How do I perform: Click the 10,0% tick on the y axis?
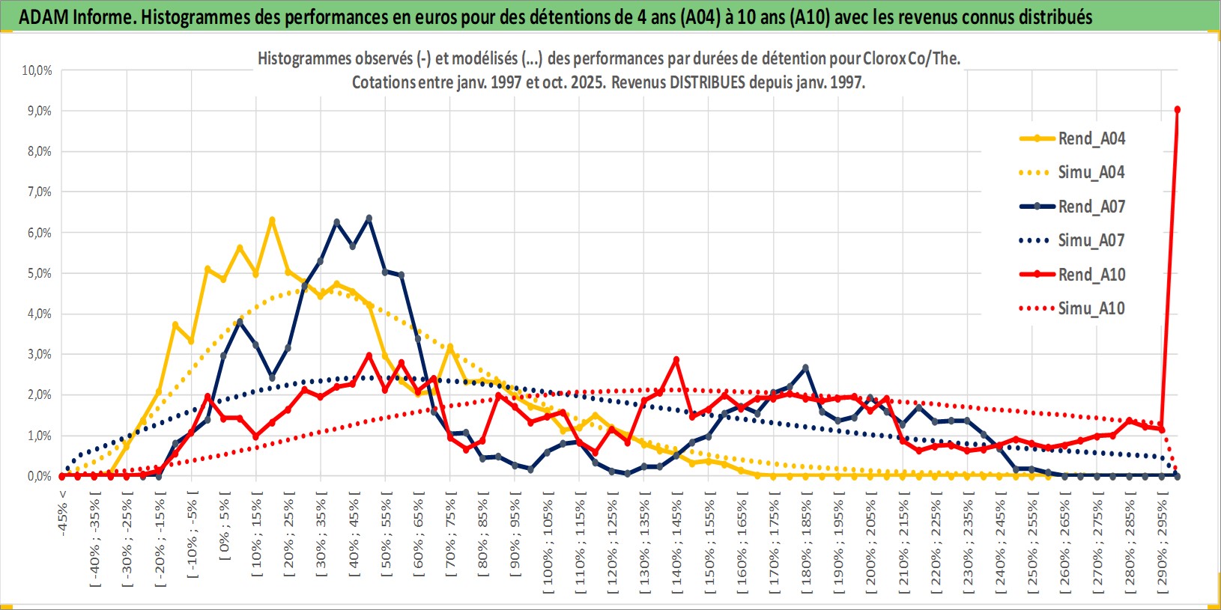coord(37,70)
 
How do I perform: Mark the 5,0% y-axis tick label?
coord(39,273)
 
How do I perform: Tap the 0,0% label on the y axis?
coord(39,476)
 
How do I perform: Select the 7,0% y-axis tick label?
coord(39,192)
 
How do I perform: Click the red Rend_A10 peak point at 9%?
coord(1178,110)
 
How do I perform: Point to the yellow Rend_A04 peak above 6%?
coord(272,220)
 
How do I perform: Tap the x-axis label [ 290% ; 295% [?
coord(1163,542)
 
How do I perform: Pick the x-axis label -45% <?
coord(63,513)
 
